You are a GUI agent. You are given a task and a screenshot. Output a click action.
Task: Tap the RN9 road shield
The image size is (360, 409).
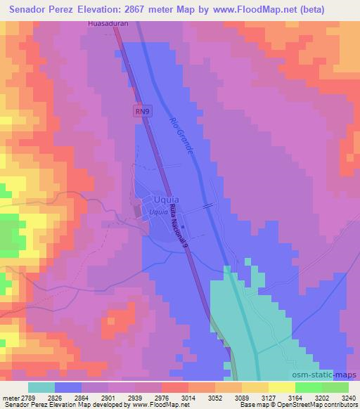point(143,111)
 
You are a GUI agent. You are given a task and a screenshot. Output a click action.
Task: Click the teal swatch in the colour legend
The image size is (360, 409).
point(41,387)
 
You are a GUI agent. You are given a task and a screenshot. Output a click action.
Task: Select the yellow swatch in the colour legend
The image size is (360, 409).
point(281,387)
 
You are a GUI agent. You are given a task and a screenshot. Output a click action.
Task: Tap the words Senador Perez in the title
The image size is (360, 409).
point(41,9)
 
